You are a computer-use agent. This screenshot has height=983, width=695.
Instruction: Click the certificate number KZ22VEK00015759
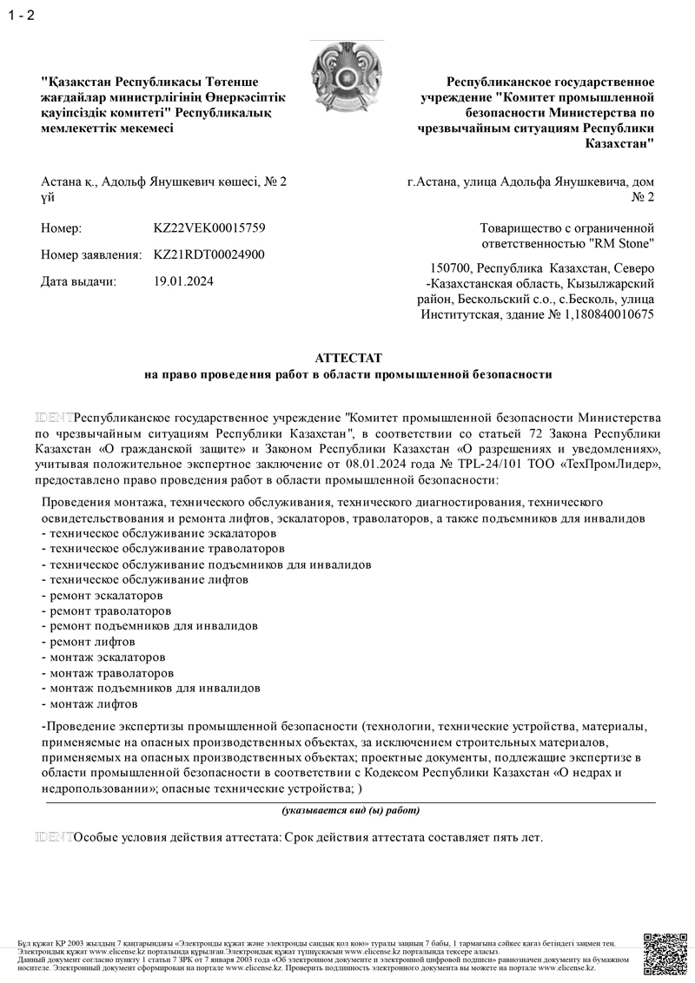209,228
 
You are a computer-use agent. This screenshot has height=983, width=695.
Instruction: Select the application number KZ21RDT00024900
209,254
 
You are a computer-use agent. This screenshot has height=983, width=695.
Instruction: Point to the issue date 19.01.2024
183,280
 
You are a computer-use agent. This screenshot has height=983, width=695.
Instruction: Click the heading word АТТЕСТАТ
347,358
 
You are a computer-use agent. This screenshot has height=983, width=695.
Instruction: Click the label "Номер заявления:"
91,254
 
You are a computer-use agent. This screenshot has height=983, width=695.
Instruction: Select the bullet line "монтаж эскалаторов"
103,657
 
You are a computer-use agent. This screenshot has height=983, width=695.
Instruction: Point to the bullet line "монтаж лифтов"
89,704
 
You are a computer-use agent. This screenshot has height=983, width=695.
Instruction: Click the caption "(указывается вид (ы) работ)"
350,810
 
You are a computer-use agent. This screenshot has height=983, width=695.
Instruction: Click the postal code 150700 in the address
451,267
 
